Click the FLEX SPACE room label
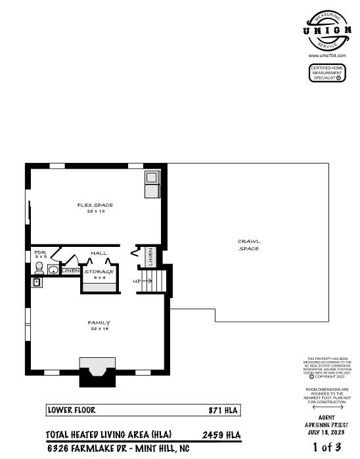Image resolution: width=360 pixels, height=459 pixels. point(95,206)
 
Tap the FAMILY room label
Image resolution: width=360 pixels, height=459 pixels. point(99,322)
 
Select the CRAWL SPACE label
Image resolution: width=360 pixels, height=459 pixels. point(248,245)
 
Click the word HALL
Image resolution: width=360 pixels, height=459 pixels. point(99,253)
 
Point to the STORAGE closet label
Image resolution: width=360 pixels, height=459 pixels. point(99,271)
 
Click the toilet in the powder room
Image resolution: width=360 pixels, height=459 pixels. point(39,269)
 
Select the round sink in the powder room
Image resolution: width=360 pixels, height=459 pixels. point(53,269)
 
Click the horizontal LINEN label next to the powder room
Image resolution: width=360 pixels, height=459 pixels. point(70,271)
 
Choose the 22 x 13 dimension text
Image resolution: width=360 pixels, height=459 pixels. point(95,212)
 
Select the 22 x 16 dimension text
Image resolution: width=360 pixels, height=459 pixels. point(99,329)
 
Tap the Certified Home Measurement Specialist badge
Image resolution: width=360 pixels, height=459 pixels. point(327,73)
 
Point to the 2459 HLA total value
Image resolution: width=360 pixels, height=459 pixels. point(222,435)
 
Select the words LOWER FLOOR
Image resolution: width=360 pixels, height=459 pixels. point(72,410)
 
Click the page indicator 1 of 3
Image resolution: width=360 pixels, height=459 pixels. point(326,448)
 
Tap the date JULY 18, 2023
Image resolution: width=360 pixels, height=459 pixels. point(326,432)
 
